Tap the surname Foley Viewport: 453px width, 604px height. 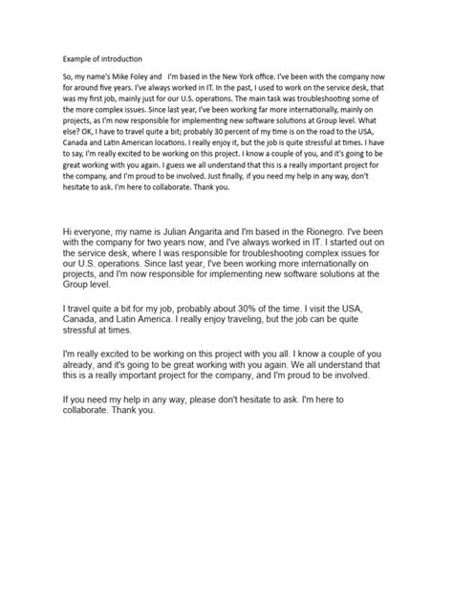(151, 75)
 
